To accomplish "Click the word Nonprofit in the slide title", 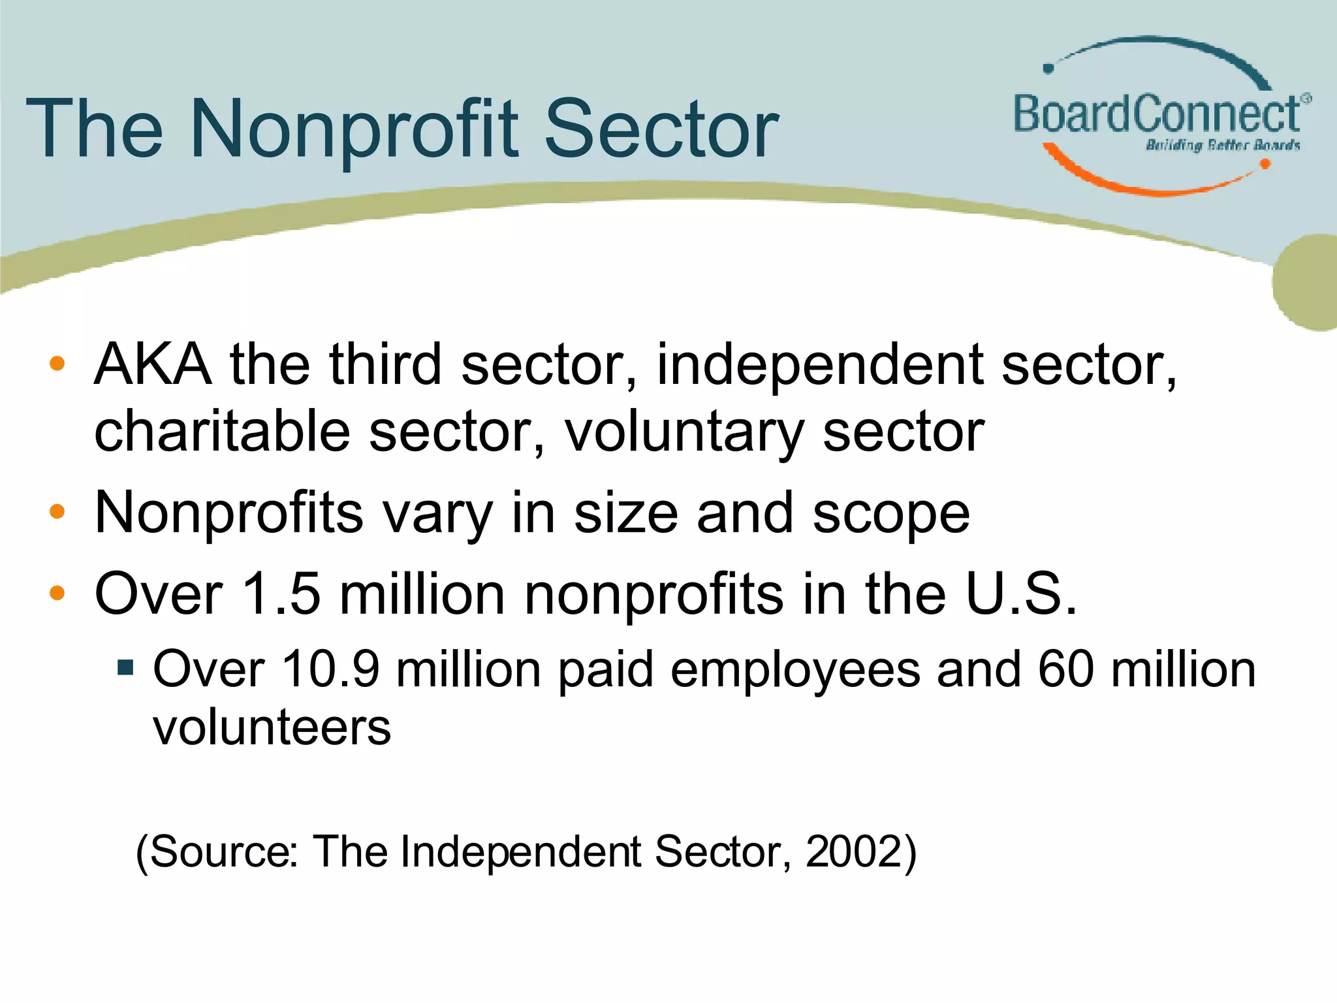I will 355,130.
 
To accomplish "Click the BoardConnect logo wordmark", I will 1157,114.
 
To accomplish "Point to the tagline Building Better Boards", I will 1223,145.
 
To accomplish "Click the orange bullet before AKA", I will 57,364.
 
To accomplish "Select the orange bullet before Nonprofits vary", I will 57,511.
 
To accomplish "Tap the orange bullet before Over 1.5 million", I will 57,593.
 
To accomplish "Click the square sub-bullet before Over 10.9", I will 125,668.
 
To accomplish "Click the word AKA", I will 153,364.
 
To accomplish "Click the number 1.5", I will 281,594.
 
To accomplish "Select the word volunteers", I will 272,727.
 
